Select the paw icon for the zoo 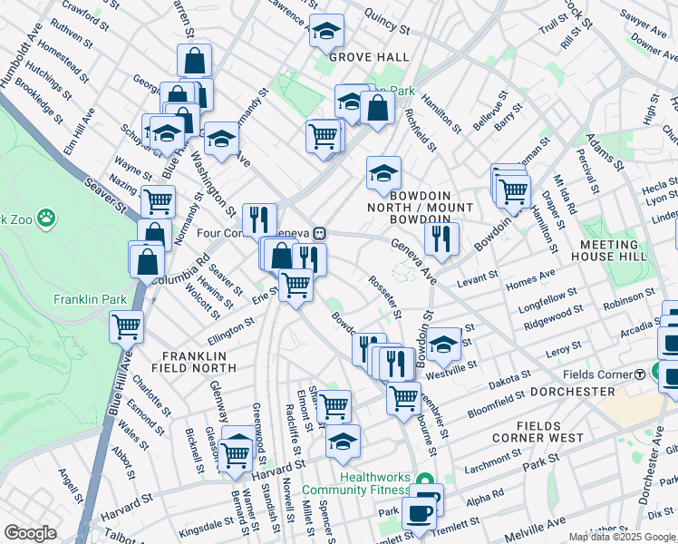[46, 219]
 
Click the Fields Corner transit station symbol [639, 374]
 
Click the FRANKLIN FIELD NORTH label [199, 362]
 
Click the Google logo [30, 532]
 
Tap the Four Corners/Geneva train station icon [319, 233]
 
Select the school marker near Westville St [443, 345]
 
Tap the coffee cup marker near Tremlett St [419, 513]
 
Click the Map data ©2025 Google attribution [622, 537]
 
